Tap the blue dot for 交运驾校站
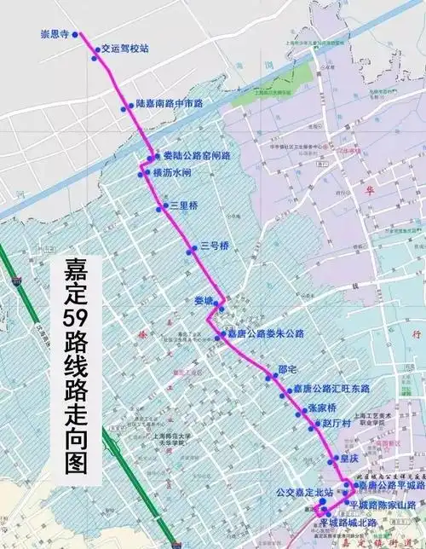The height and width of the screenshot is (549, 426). tap(95, 50)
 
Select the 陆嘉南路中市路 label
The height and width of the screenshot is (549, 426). tap(169, 103)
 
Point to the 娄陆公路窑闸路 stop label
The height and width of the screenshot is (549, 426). tap(196, 156)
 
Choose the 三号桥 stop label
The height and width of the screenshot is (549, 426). tap(216, 247)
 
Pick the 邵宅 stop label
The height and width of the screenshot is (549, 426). tap(287, 369)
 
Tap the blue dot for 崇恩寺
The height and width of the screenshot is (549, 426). tap(75, 35)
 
